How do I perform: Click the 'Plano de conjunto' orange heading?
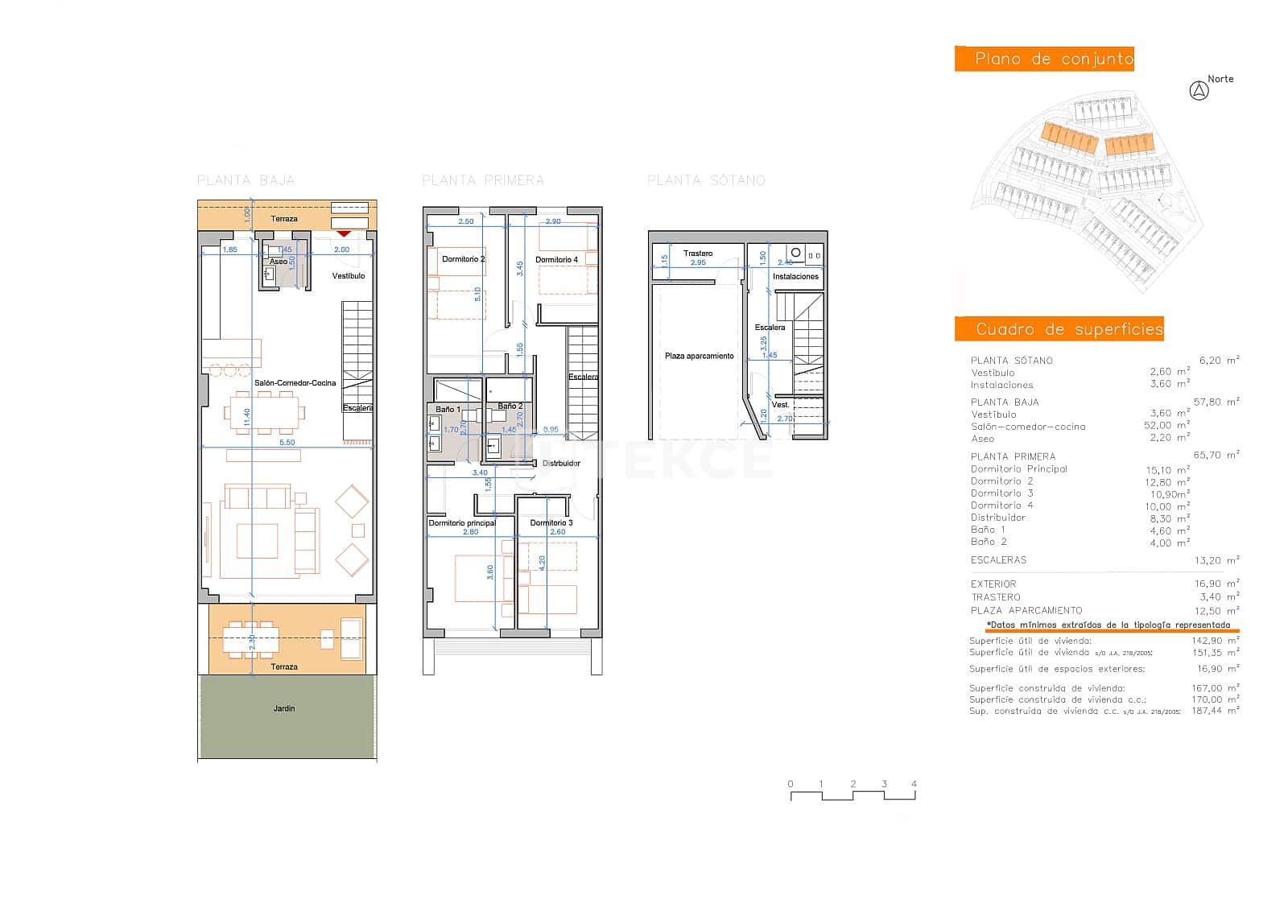coord(1044,59)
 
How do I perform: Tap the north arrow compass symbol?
coord(1199,91)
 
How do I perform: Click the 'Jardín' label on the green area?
coord(284,708)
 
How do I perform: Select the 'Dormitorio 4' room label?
coord(556,260)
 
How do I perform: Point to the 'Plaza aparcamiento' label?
coord(699,356)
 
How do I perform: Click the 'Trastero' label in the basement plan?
coord(698,254)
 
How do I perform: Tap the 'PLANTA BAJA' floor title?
coord(246,180)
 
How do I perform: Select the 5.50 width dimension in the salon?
coord(287,443)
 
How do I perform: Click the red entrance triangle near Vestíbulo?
coord(344,233)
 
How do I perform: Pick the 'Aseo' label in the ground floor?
coord(278,262)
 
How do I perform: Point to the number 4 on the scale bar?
coord(914,784)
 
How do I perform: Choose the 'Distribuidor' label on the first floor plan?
coord(561,464)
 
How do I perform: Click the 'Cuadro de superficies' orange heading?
coord(1059,329)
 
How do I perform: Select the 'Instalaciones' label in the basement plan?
coord(795,277)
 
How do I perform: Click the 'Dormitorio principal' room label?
coord(461,523)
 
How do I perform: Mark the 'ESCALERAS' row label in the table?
coord(998,560)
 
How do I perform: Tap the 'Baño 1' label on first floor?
coord(448,410)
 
